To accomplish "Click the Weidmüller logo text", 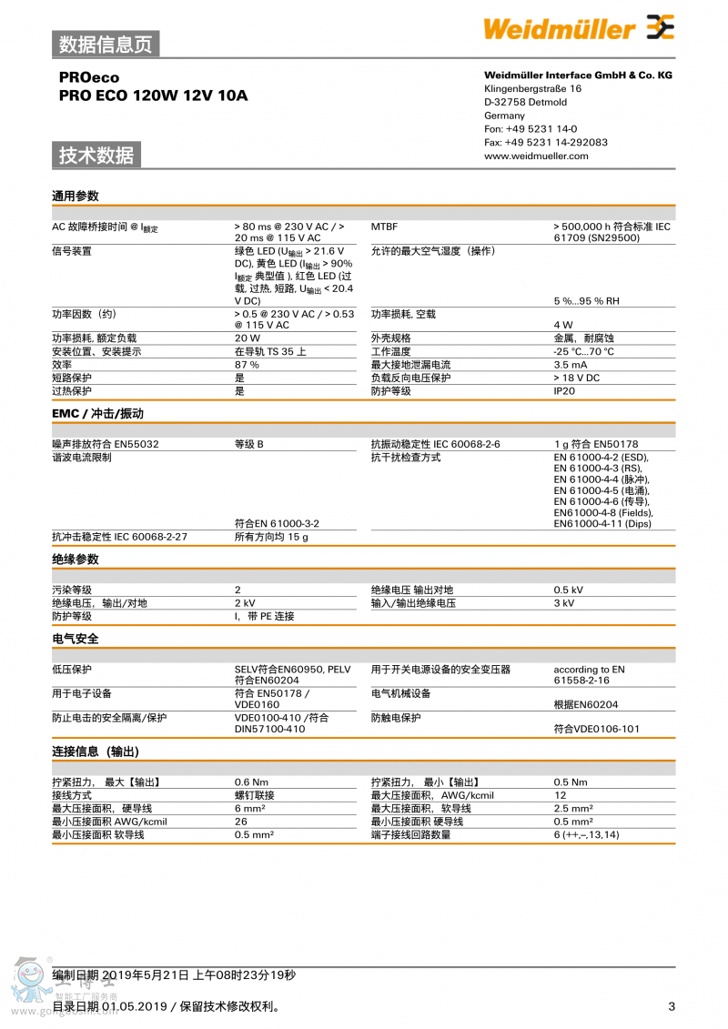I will pyautogui.click(x=559, y=29).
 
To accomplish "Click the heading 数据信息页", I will pyautogui.click(x=106, y=44).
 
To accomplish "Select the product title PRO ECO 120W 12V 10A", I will pyautogui.click(x=153, y=96).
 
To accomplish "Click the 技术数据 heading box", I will pyautogui.click(x=96, y=156).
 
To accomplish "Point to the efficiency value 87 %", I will pyautogui.click(x=247, y=365).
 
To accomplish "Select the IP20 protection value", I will pyautogui.click(x=565, y=391).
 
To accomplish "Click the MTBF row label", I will pyautogui.click(x=384, y=227).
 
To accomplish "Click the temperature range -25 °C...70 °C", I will pyautogui.click(x=583, y=352).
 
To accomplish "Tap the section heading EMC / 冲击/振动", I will pyautogui.click(x=97, y=414).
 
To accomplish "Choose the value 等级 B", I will pyautogui.click(x=248, y=444).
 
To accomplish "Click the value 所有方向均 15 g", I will pyautogui.click(x=271, y=537).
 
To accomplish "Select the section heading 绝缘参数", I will pyautogui.click(x=75, y=560).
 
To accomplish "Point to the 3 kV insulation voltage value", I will pyautogui.click(x=563, y=603).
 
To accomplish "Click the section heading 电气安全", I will pyautogui.click(x=75, y=639).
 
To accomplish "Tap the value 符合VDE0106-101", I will pyautogui.click(x=596, y=729).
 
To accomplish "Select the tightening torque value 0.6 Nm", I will pyautogui.click(x=251, y=782).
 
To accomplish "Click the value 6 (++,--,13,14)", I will pyautogui.click(x=586, y=835).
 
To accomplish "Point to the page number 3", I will pyautogui.click(x=672, y=1006).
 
